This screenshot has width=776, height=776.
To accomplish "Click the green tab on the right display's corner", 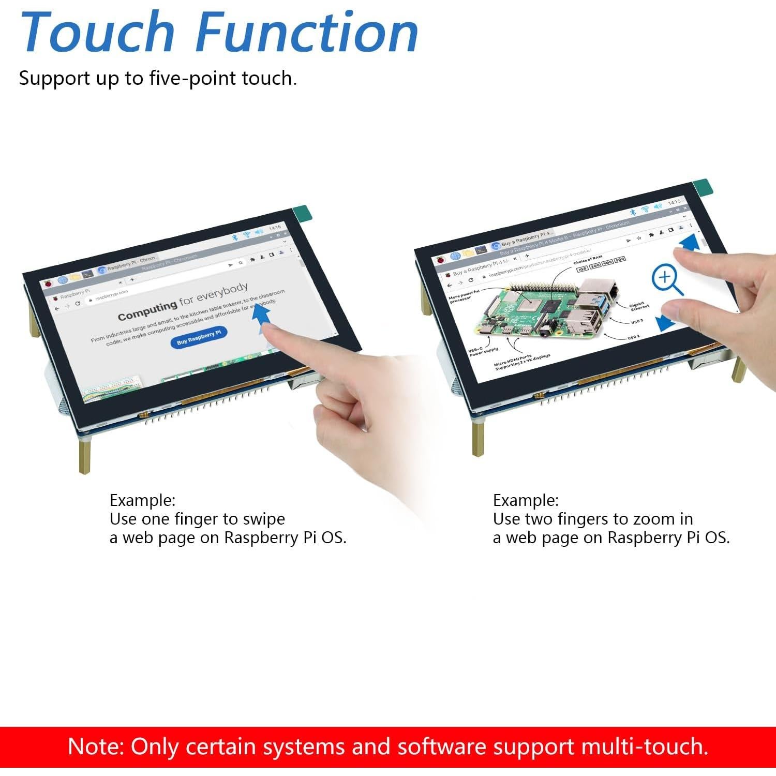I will (703, 187).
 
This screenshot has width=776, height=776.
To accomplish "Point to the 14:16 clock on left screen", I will (275, 228).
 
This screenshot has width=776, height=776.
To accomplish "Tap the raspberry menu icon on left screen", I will (48, 283).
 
